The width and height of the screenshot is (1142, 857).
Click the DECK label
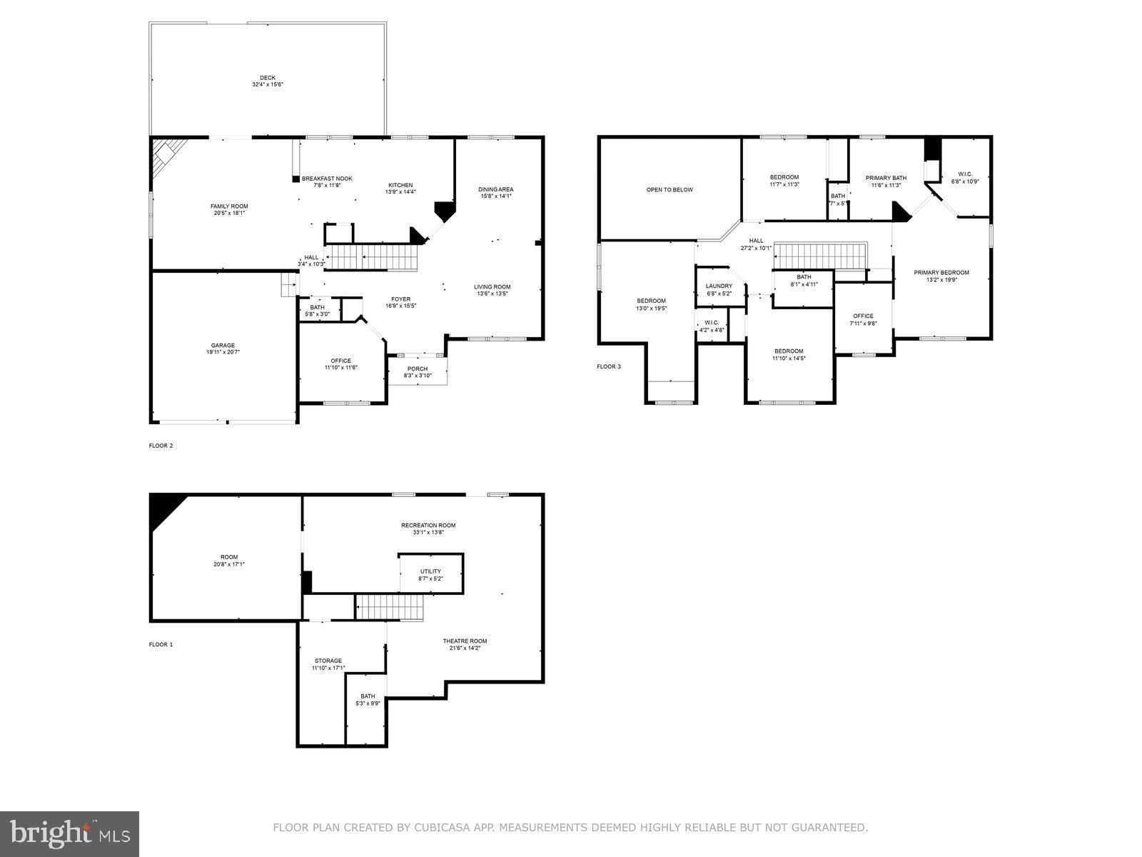tap(268, 78)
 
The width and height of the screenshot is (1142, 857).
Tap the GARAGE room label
tap(223, 345)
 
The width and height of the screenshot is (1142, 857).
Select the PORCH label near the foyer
tap(418, 369)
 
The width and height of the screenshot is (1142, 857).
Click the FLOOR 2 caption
tap(161, 446)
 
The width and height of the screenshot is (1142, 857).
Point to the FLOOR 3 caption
tap(609, 367)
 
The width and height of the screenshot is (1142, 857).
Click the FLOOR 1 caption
tap(161, 644)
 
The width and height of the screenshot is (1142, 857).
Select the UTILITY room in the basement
tap(430, 571)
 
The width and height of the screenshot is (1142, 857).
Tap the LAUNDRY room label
tap(719, 286)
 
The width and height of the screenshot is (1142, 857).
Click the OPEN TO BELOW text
tap(669, 190)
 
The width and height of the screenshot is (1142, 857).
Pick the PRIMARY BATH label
tap(886, 178)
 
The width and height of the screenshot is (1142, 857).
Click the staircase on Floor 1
tap(390, 608)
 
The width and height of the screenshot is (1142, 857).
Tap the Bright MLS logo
tap(70, 831)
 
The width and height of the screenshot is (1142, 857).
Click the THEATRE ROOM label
tap(465, 641)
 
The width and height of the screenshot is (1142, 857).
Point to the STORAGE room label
tap(328, 661)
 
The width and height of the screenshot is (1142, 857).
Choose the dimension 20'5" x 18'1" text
tap(229, 213)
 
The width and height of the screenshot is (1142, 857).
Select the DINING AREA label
tap(495, 189)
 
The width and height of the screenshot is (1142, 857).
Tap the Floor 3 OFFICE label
tap(863, 316)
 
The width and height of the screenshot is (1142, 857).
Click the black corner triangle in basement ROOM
tap(163, 508)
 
